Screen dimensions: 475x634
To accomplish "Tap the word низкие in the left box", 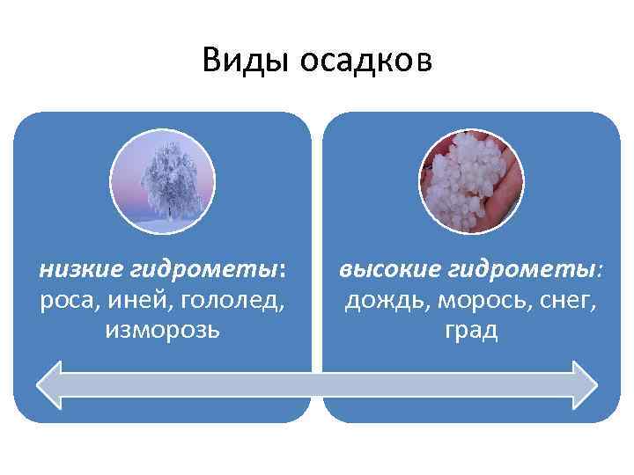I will click(75, 268).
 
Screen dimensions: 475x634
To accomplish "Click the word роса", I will click(69, 300).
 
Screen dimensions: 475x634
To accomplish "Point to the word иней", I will click(144, 300).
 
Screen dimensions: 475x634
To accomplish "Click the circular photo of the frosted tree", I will click(162, 179).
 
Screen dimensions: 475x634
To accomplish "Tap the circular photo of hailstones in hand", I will click(471, 179).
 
